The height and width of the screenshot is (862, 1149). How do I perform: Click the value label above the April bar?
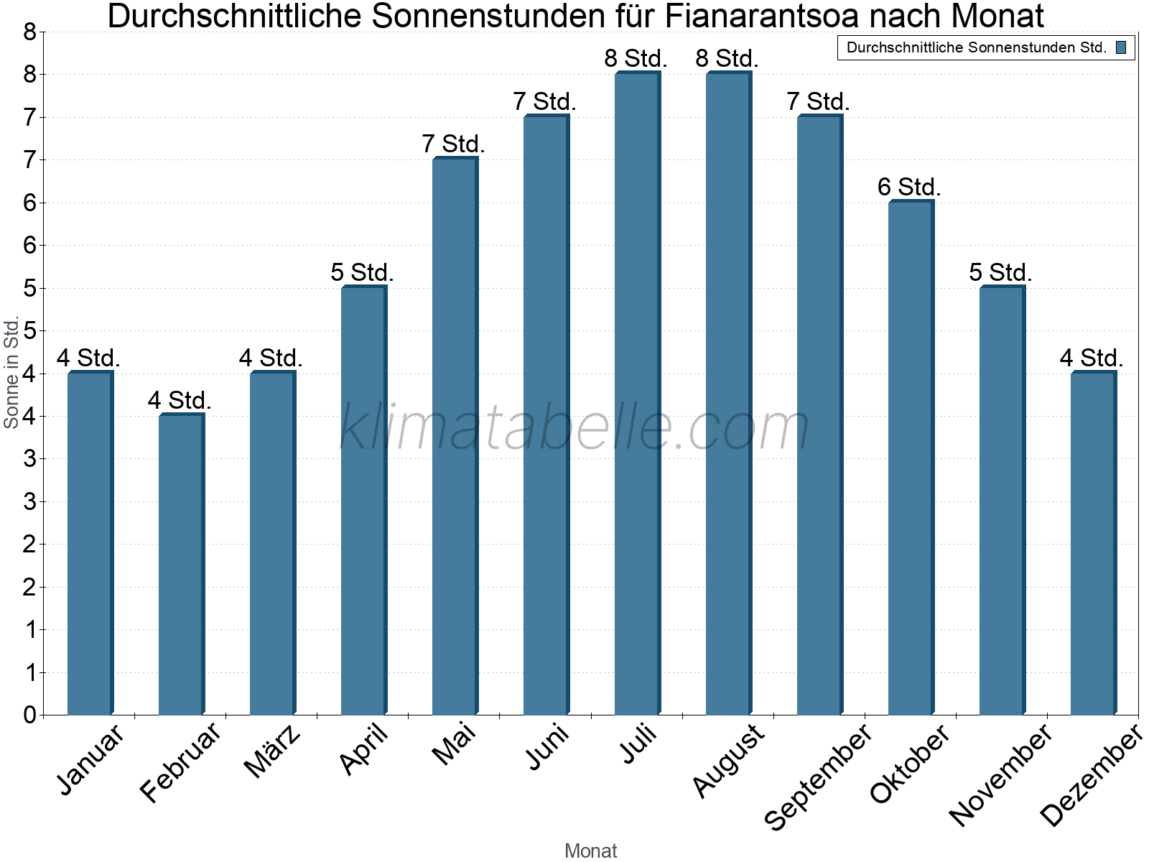[x=362, y=273]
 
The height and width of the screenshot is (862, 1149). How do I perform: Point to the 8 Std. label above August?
[x=727, y=59]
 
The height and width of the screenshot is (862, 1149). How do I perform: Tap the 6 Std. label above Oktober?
[x=909, y=187]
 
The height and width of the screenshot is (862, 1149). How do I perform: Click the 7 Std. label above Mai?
[x=453, y=144]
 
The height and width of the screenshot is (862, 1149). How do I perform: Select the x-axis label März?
[x=272, y=752]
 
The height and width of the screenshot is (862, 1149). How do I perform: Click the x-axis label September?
[x=818, y=776]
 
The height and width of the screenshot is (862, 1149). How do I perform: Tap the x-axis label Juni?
[x=548, y=747]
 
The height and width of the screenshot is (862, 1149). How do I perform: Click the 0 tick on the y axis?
[x=29, y=715]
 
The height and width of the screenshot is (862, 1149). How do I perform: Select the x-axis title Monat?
[x=590, y=851]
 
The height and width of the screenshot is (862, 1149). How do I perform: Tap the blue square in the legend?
[x=1121, y=48]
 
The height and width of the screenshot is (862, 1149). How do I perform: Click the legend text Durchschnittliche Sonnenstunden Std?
[x=976, y=48]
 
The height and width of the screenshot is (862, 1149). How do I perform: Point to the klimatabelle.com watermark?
[x=574, y=428]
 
